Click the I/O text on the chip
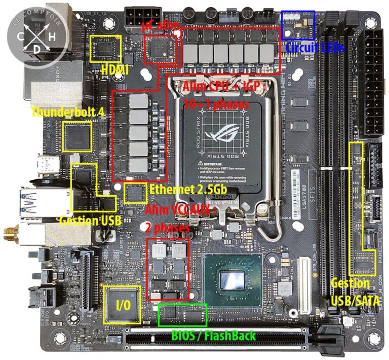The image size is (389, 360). coord(122,305)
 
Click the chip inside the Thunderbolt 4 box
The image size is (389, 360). coord(77,136)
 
